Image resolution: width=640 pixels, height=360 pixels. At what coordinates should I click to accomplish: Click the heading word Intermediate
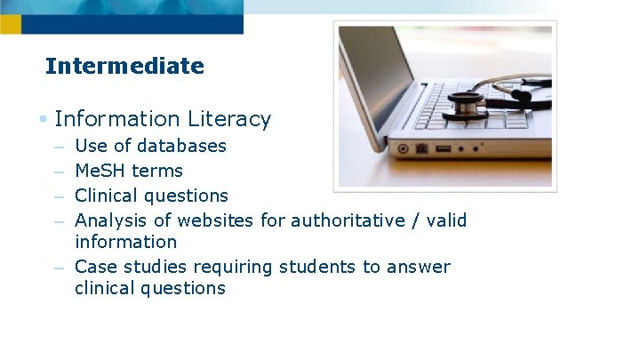[x=124, y=66]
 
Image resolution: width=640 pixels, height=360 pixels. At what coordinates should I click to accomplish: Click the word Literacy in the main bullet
[x=229, y=119]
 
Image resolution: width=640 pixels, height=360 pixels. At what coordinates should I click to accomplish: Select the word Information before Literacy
[x=117, y=119]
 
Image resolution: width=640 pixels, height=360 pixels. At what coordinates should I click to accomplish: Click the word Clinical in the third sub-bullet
[x=107, y=196]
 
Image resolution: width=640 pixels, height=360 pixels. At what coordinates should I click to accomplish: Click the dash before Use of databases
[x=59, y=147]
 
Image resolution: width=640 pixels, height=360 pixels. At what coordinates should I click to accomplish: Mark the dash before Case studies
[x=59, y=268]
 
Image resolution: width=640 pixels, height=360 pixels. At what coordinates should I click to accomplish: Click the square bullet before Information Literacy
[x=43, y=119]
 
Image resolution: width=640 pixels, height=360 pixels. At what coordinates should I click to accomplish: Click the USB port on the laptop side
[x=443, y=148]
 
